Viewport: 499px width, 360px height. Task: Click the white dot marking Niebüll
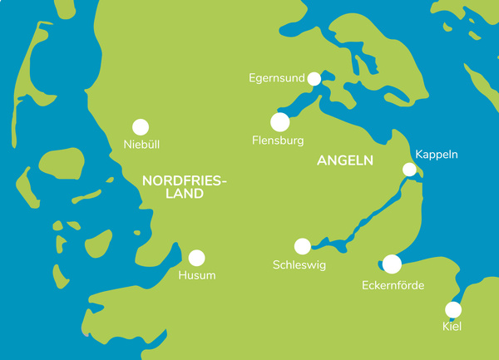tap(141, 127)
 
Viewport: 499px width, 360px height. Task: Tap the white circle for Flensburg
tap(280, 122)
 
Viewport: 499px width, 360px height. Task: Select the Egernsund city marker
tap(314, 79)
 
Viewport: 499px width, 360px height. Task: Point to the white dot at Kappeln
tap(409, 170)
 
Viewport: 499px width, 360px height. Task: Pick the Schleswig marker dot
tap(303, 246)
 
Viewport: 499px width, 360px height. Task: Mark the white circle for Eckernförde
tap(392, 264)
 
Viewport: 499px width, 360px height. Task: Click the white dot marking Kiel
tap(453, 310)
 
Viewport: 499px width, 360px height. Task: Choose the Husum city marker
tap(197, 258)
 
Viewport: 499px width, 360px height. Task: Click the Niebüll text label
tap(141, 145)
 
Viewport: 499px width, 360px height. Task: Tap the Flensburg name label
tap(278, 141)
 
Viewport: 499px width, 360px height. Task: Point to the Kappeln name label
tap(437, 155)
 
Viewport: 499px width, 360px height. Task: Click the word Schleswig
tap(299, 265)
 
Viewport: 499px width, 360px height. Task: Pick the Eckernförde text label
tap(393, 285)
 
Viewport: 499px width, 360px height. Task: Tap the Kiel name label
tap(452, 327)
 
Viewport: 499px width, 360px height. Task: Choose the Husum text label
tap(197, 275)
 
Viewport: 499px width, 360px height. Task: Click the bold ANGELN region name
tap(345, 160)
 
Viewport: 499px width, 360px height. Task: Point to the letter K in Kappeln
tap(418, 155)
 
